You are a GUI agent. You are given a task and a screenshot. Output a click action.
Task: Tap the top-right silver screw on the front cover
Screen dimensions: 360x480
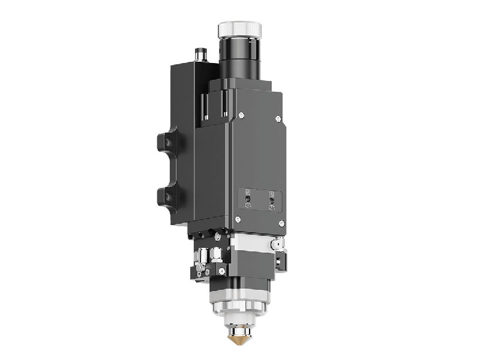[x=278, y=119]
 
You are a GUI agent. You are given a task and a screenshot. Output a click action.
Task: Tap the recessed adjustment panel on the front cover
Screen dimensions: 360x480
[x=260, y=200]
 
